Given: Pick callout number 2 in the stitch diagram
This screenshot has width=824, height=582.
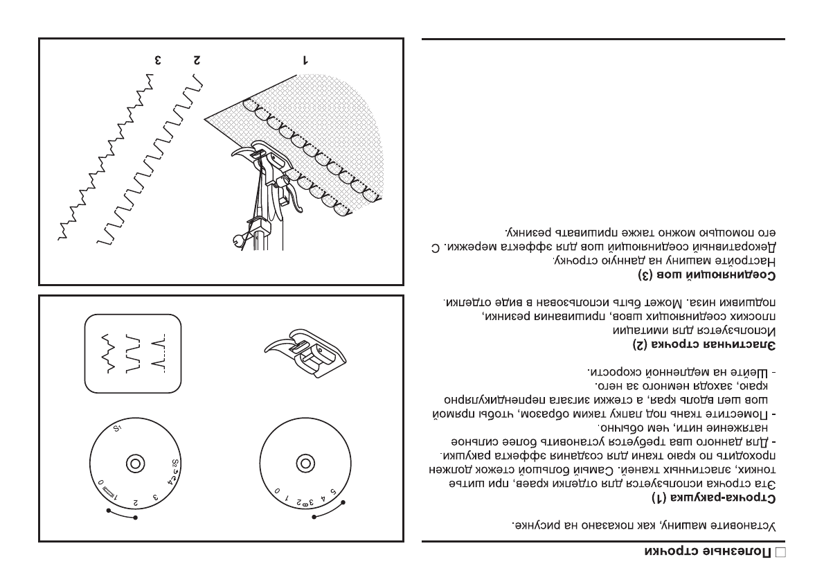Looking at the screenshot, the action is [x=197, y=60].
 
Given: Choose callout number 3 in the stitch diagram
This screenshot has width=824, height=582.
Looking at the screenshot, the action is [x=158, y=60].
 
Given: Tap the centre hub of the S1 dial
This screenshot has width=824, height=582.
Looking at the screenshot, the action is [x=134, y=462].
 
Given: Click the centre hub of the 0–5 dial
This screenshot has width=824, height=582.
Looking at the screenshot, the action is [x=303, y=462].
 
